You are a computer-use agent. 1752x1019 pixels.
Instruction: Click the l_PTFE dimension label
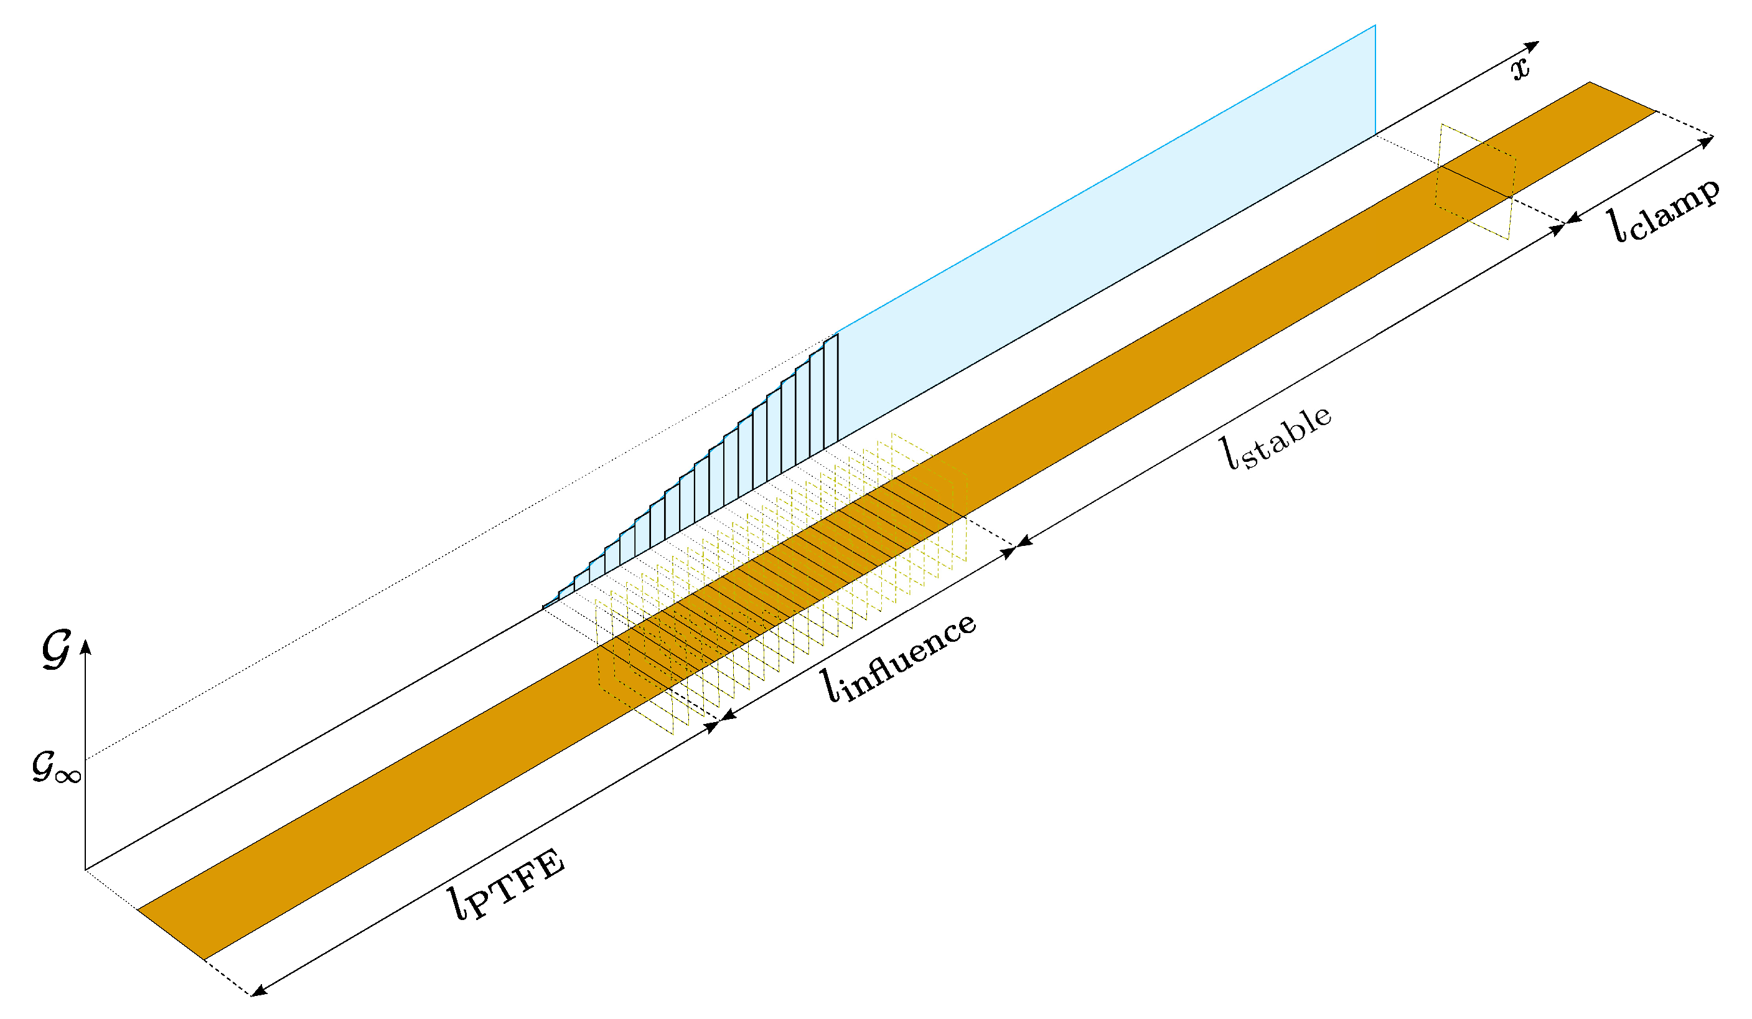click(506, 883)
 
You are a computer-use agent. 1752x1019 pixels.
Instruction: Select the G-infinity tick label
click(56, 767)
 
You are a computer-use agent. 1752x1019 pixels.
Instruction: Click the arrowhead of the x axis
click(1532, 47)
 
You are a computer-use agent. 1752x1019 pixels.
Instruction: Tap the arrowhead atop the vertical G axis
click(85, 647)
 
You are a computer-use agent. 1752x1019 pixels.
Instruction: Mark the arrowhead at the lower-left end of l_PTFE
click(259, 991)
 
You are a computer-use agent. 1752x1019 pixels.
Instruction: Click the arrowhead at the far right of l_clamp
click(1706, 141)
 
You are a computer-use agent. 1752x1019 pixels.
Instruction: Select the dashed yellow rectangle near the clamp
click(1475, 182)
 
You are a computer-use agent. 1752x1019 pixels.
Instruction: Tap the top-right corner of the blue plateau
click(1374, 26)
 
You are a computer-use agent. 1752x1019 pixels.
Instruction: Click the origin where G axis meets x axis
click(85, 870)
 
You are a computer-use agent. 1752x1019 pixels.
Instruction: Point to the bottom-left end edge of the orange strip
click(171, 934)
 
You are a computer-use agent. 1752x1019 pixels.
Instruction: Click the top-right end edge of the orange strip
click(1623, 96)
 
